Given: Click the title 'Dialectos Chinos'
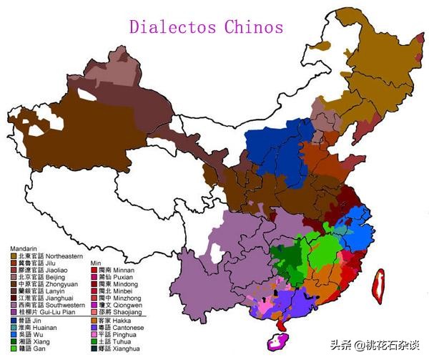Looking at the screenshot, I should [x=206, y=27].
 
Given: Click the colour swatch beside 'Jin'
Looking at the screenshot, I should [x=13, y=322].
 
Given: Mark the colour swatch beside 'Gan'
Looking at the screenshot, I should [x=13, y=349].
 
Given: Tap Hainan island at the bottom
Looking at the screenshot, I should [x=275, y=341].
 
